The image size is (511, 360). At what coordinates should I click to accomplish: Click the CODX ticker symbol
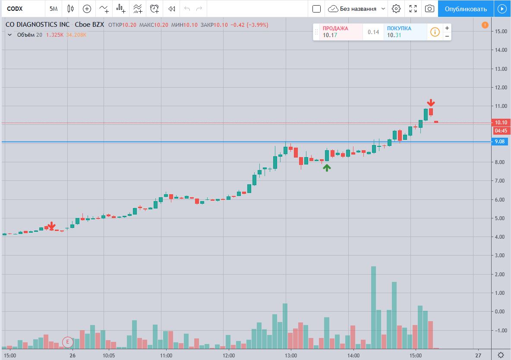pos(15,9)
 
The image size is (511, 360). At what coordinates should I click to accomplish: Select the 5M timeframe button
pos(54,9)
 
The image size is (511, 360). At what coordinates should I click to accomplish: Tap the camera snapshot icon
pos(429,9)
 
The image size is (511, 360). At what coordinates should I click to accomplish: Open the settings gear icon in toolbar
pos(396,9)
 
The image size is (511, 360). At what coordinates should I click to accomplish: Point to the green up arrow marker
pos(327,168)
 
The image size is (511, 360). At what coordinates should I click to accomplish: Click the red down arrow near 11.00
pos(431,103)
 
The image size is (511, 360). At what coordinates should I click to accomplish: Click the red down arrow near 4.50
pos(52,225)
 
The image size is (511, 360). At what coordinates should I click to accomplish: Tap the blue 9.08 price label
pos(501,142)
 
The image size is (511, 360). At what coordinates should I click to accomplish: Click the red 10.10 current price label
pos(501,123)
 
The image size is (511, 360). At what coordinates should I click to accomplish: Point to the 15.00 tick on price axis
pos(501,32)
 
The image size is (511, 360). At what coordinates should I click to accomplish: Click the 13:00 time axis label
pos(291,356)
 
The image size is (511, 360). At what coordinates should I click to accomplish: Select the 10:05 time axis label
pos(108,356)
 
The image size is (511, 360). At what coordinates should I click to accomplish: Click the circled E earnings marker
pos(67,341)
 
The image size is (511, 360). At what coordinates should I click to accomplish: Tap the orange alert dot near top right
pos(485,25)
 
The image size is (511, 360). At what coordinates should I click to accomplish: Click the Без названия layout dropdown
pos(356,9)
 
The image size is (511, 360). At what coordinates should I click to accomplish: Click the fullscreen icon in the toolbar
pos(413,9)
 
